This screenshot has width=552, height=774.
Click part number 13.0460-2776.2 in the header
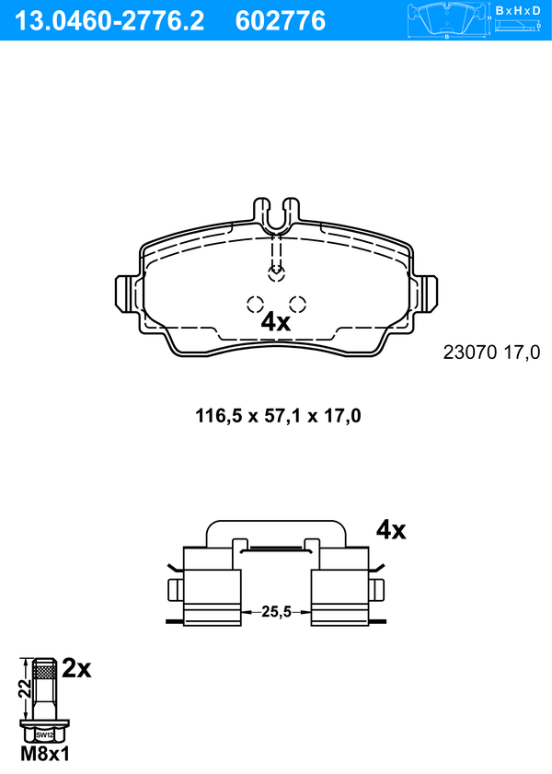[x=109, y=21]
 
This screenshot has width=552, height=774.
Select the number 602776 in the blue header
[x=281, y=21]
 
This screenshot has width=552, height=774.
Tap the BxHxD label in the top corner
[x=518, y=10]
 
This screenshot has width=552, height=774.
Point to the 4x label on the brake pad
[x=275, y=322]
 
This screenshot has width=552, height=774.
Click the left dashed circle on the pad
[x=255, y=304]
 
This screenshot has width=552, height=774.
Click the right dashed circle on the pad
[x=297, y=304]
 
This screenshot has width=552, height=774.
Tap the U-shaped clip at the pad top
[x=276, y=215]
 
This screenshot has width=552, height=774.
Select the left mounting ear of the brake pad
[x=127, y=294]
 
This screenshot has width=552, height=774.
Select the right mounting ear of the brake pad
[x=425, y=294]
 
